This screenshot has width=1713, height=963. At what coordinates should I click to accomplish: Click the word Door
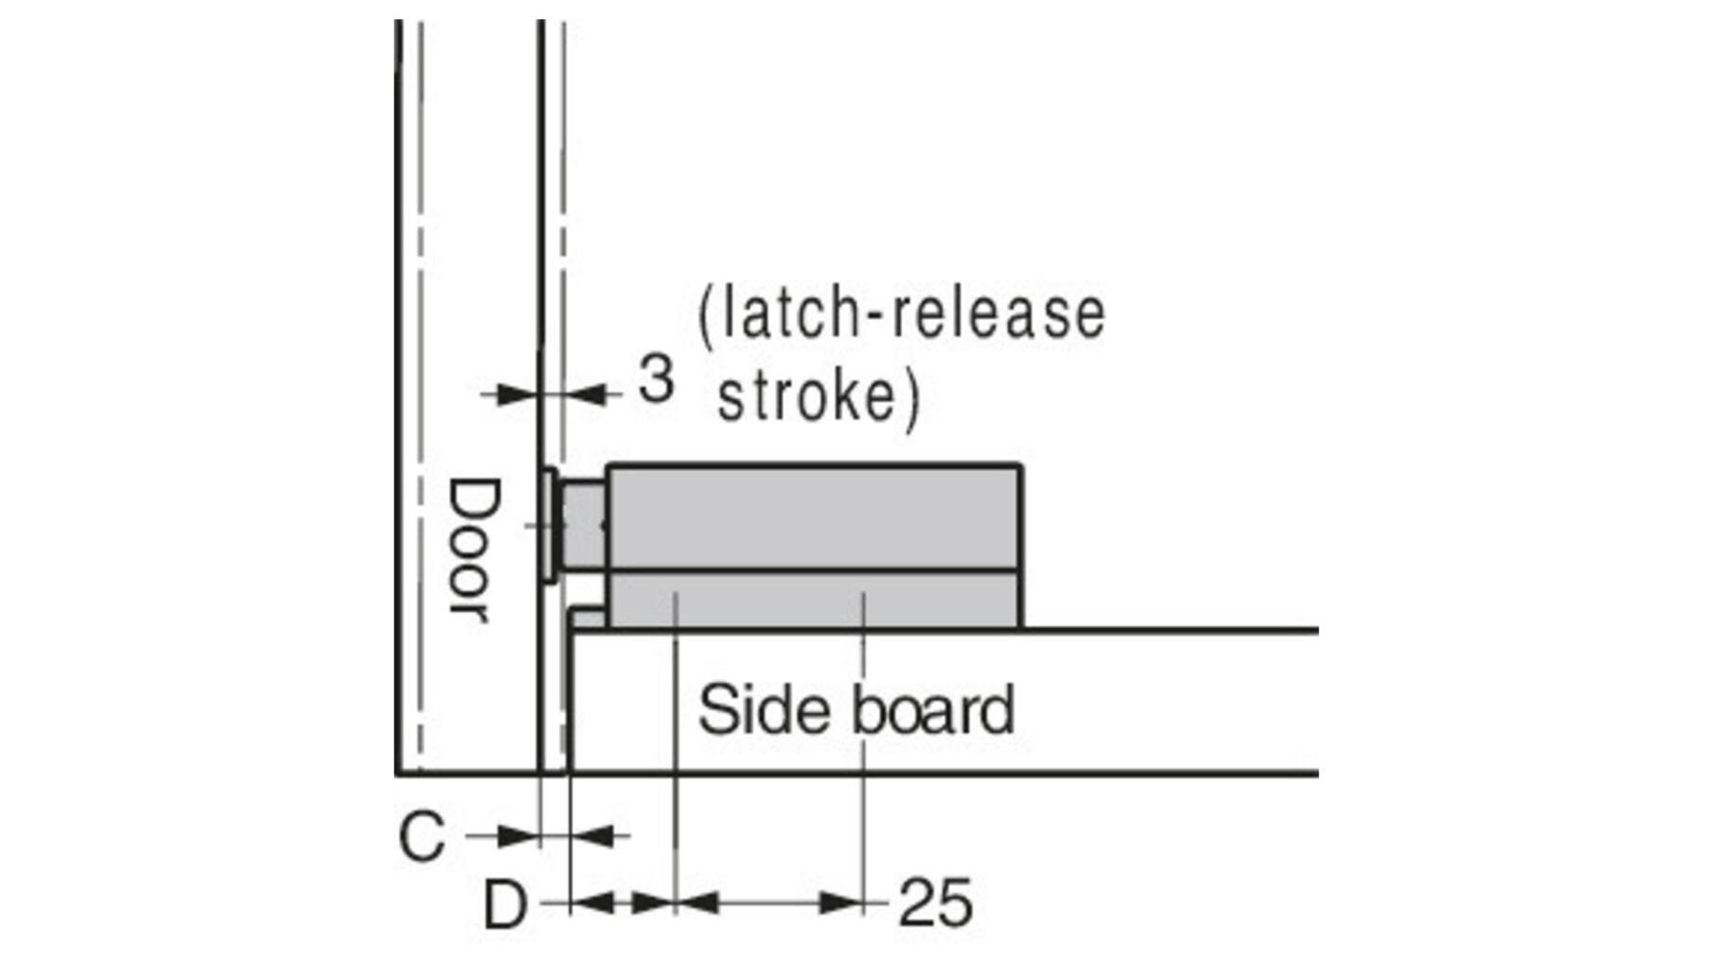click(471, 551)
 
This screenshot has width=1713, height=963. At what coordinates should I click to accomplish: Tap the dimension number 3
click(655, 379)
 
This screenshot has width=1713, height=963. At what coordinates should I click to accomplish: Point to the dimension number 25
click(934, 903)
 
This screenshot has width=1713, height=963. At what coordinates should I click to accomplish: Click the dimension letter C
click(421, 836)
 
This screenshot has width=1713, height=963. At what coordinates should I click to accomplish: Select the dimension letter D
click(505, 905)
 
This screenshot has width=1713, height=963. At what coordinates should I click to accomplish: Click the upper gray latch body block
click(814, 517)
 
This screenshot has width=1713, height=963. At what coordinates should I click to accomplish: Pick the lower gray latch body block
click(814, 600)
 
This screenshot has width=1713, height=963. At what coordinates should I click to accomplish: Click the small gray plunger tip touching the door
click(584, 525)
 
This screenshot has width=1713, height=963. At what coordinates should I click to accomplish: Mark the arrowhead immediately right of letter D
click(592, 903)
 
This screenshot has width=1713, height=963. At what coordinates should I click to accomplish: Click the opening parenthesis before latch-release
click(705, 316)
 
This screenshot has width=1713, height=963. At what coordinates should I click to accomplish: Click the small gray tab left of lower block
click(588, 619)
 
